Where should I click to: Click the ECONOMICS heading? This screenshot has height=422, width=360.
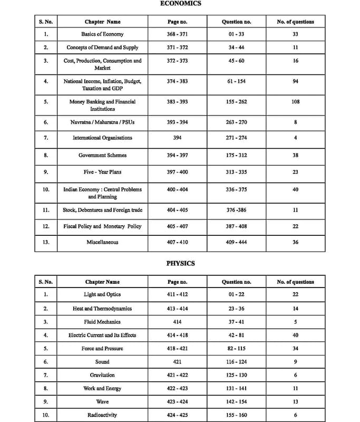click(x=180, y=3)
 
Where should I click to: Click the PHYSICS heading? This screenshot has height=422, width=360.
click(x=180, y=263)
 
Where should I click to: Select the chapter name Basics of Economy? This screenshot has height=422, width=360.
click(x=102, y=34)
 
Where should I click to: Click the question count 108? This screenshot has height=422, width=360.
click(x=295, y=102)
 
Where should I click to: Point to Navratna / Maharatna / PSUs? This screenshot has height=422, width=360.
click(x=102, y=122)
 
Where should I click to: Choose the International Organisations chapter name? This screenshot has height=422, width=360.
click(x=102, y=138)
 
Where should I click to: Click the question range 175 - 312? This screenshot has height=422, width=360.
click(x=236, y=155)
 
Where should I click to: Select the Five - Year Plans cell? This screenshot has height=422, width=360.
click(x=102, y=172)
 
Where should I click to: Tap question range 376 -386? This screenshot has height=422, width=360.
click(x=236, y=210)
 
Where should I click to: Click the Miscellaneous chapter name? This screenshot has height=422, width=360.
click(x=102, y=242)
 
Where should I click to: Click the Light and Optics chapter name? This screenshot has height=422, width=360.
click(x=102, y=294)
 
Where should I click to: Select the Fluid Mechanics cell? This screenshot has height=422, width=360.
click(x=102, y=321)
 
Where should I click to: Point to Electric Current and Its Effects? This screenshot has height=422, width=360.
click(x=102, y=335)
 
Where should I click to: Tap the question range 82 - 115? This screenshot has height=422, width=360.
click(x=236, y=349)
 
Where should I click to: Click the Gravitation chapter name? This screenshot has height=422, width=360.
click(x=102, y=375)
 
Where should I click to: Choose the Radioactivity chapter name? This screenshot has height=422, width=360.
click(x=102, y=415)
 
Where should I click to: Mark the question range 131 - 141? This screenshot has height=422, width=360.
click(x=236, y=388)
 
